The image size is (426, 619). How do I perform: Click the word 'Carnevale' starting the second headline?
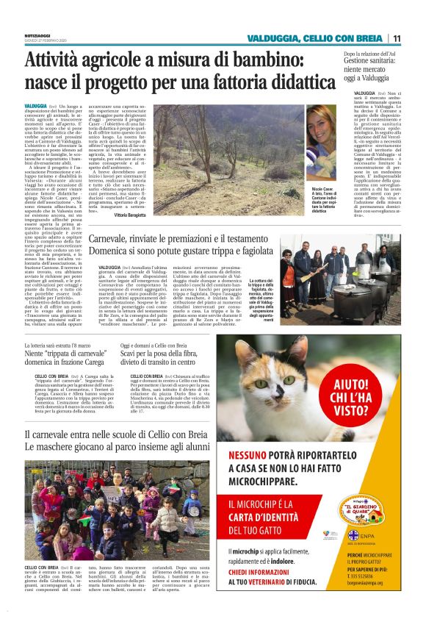[x=116, y=240]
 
